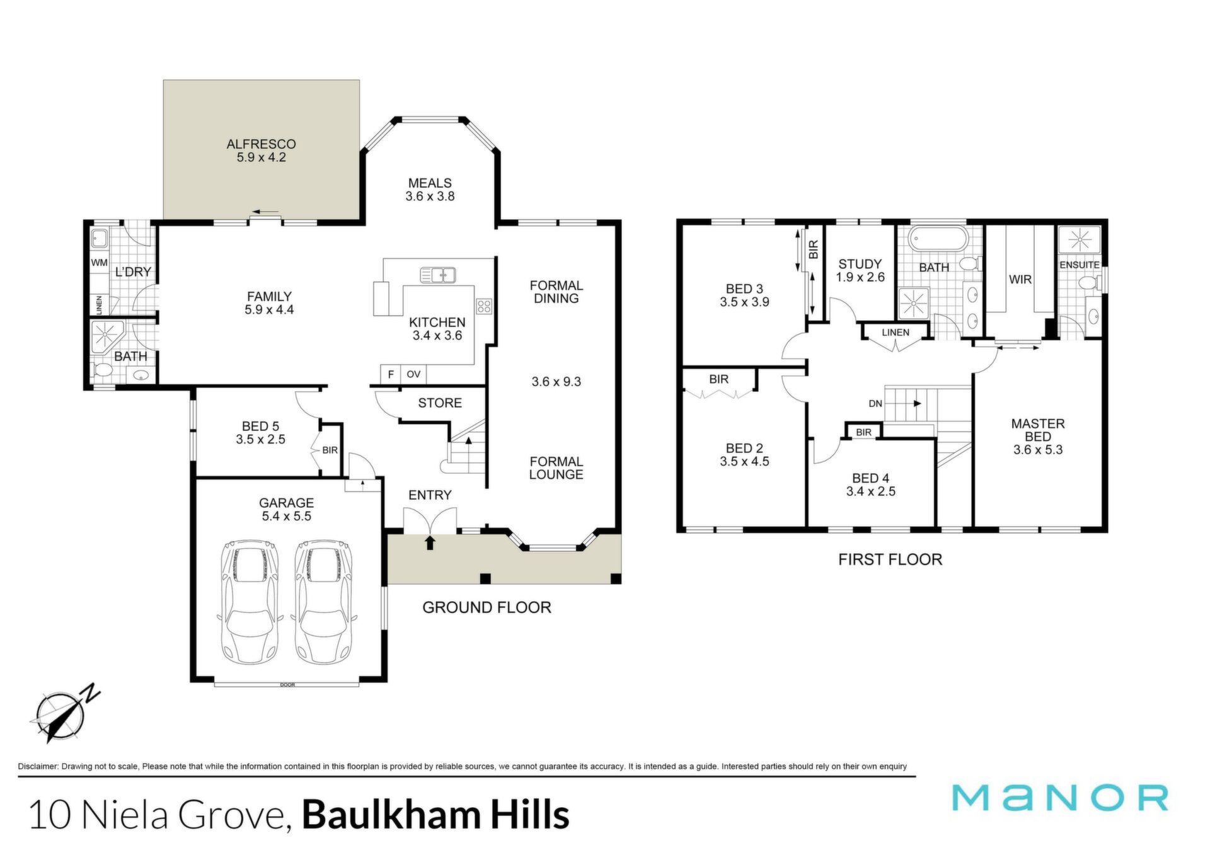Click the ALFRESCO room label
pos(261,144)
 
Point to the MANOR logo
pos(1060,798)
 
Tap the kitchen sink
pos(438,275)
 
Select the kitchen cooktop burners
pos(484,306)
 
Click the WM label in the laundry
pos(100,263)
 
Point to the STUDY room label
pos(860,264)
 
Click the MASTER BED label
pos(1038,430)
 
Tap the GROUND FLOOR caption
pos(487,607)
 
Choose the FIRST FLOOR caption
pos(890,559)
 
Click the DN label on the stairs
pos(875,403)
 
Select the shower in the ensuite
pos(1080,240)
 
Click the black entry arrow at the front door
pos(430,542)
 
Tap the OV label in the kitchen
pos(413,374)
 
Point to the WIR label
pos(1020,279)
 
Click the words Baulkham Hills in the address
pos(436,815)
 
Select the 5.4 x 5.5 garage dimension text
pos(287,516)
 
